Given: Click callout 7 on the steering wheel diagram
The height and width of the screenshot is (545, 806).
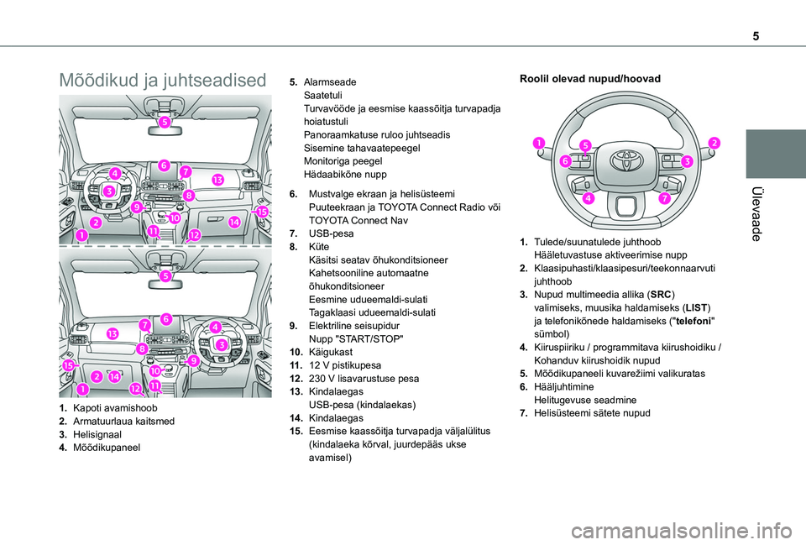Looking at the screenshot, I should click(664, 198).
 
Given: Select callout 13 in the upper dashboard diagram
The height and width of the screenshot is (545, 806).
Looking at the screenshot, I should click(217, 180).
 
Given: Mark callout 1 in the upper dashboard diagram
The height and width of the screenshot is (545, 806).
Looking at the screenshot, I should click(81, 236).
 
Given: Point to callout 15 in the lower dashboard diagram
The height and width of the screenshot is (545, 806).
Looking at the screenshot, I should click(68, 364).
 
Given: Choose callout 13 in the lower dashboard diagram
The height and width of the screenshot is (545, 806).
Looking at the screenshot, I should click(112, 333).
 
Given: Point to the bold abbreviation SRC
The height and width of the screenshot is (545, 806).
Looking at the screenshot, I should click(661, 296).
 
